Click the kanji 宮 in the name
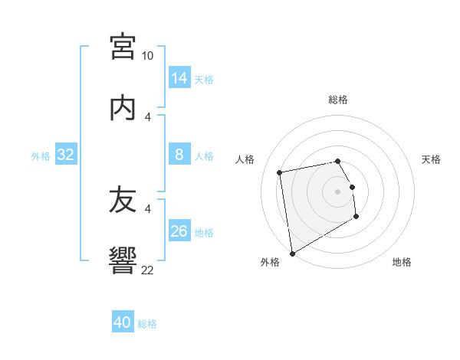tap(123, 47)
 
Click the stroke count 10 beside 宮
tap(148, 56)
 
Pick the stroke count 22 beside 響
tap(148, 269)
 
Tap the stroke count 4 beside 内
tap(148, 116)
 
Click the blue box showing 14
tap(179, 78)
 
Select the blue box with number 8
tap(179, 155)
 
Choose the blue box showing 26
tap(179, 231)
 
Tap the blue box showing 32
tap(66, 155)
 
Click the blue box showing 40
tap(123, 322)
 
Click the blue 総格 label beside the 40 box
tap(147, 324)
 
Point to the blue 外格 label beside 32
tap(41, 156)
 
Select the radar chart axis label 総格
tap(338, 100)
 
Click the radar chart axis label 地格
tap(402, 262)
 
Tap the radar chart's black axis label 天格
tap(431, 159)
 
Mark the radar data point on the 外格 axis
tap(292, 253)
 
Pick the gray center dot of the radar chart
tap(338, 191)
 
